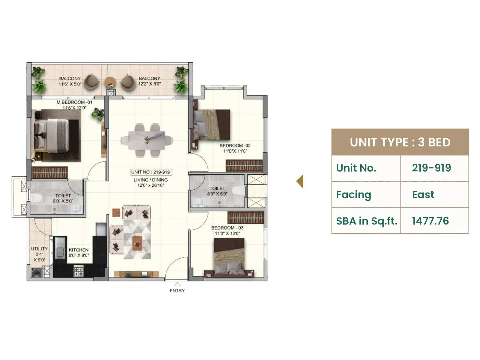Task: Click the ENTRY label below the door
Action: (177, 290)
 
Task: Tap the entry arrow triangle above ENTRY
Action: (177, 284)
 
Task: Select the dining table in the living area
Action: (146, 140)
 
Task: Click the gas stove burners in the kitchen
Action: (79, 271)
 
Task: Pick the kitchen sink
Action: (60, 248)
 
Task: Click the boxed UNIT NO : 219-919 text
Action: (151, 172)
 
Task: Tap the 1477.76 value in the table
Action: (430, 221)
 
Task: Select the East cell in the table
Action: (423, 194)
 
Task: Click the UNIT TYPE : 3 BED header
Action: (400, 142)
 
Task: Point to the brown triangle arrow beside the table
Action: (300, 181)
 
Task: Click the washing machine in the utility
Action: (37, 272)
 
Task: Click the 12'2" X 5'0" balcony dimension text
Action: (149, 84)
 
